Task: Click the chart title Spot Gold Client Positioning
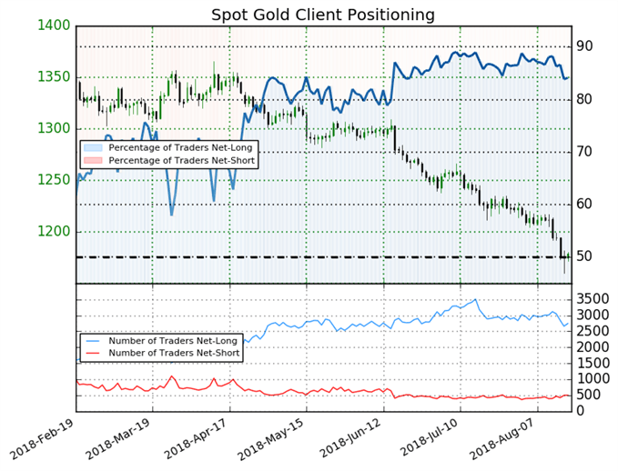[322, 15]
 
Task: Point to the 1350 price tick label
[55, 77]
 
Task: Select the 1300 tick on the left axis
[55, 129]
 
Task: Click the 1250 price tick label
[55, 180]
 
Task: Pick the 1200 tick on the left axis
[55, 232]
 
